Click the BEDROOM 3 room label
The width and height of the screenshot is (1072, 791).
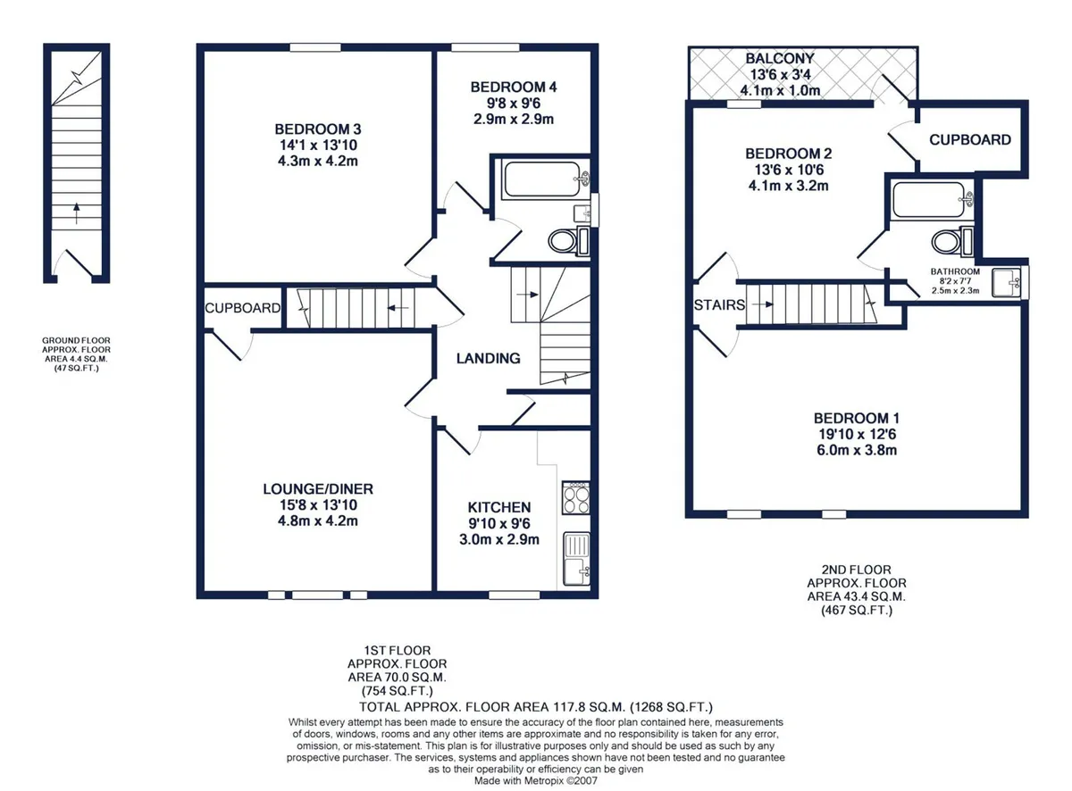[x=317, y=129]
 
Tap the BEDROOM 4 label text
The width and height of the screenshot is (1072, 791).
[x=514, y=87]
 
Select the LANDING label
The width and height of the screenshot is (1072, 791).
[x=488, y=358]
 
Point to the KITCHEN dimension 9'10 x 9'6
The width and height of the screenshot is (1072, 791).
[x=499, y=523]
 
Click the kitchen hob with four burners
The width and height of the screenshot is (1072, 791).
[x=575, y=497]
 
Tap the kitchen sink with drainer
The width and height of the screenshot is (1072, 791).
[x=576, y=559]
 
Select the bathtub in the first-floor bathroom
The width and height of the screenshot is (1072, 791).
[x=545, y=179]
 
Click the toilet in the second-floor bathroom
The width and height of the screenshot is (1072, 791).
[x=952, y=241]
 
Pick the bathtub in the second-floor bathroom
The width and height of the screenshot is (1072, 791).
[x=932, y=200]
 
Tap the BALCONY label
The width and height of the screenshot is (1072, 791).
[x=780, y=58]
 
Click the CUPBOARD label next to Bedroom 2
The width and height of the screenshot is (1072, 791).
[x=970, y=139]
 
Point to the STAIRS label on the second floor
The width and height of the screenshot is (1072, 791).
[x=719, y=305]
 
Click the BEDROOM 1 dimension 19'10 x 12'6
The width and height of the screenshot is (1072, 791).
[x=857, y=434]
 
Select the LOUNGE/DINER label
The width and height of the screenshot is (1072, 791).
[x=318, y=489]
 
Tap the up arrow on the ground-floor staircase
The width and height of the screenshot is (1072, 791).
[x=76, y=213]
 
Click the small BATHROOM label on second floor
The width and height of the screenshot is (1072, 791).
[x=956, y=271]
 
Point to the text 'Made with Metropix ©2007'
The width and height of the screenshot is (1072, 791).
[x=535, y=781]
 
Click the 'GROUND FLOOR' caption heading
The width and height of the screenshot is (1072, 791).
[x=76, y=340]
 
